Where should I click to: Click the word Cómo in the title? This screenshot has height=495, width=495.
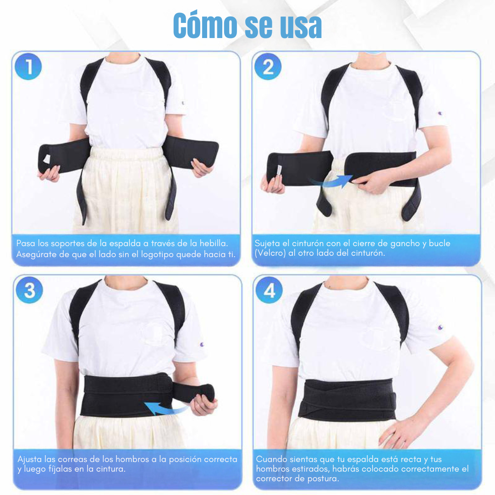tap(205, 25)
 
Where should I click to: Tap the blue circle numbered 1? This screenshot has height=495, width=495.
tap(28, 66)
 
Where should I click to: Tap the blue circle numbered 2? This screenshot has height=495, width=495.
tap(268, 66)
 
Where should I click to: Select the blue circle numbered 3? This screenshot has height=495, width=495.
tap(29, 290)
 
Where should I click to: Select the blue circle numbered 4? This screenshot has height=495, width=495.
tap(269, 290)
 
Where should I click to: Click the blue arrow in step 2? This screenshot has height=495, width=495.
tap(331, 181)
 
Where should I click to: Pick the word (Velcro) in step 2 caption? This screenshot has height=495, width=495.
tap(270, 253)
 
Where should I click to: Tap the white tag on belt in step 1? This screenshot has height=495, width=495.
tap(46, 159)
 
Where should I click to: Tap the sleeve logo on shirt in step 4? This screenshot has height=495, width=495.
tap(441, 327)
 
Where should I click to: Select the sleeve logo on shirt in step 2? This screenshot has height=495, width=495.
tap(440, 113)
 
